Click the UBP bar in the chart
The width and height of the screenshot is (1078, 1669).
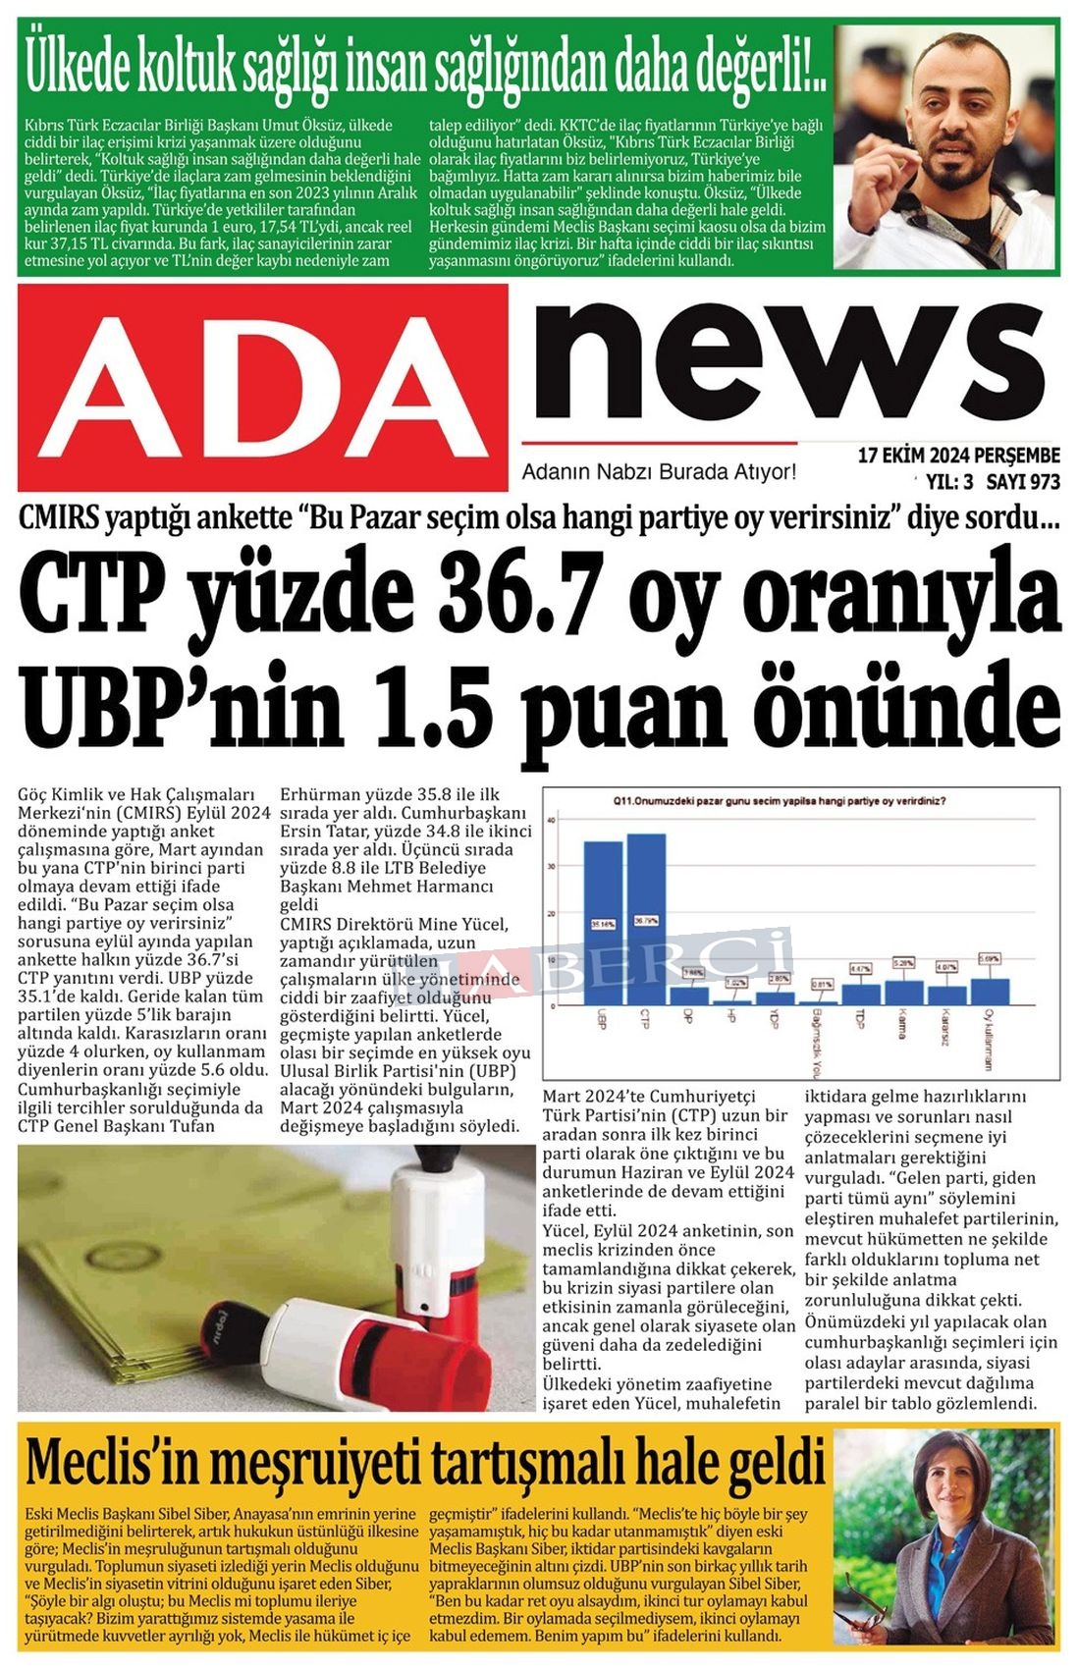point(603,923)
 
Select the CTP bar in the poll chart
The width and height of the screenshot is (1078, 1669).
point(646,919)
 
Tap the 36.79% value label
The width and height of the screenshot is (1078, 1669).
point(646,921)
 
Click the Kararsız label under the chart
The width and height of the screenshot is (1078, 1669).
point(945,1028)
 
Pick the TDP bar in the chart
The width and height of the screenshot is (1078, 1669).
point(860,994)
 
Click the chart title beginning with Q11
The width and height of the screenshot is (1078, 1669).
point(780,800)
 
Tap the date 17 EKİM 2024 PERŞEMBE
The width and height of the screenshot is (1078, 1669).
point(958,456)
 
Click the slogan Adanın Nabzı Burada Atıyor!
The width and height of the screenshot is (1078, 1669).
point(659,472)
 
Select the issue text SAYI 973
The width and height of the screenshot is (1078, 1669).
point(1023,482)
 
